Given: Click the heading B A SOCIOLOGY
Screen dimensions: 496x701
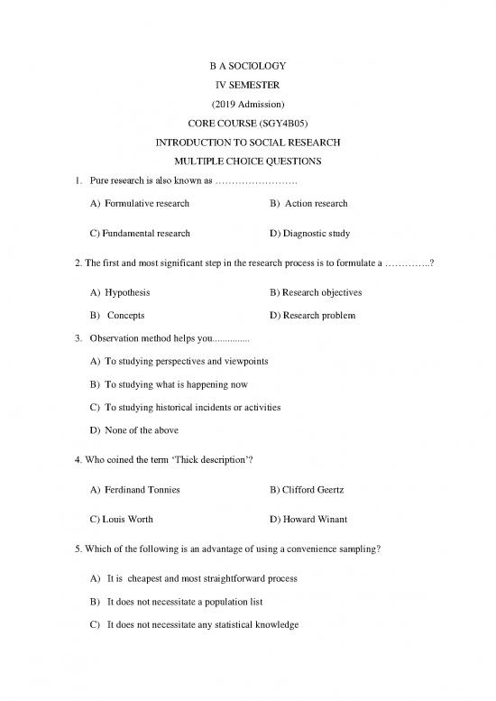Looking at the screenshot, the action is (247, 66).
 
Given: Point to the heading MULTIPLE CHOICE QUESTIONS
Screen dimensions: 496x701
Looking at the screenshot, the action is (247, 161).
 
